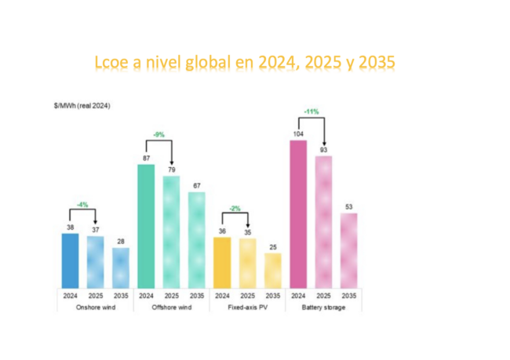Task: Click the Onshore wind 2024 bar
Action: click(70, 260)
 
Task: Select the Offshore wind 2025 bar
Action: click(171, 231)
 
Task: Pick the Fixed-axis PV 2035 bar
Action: click(272, 270)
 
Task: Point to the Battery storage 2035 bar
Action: click(349, 250)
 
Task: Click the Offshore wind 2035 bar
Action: click(196, 239)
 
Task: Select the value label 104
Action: click(298, 134)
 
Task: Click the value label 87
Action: click(146, 158)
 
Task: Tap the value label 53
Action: click(349, 207)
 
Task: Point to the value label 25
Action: click(272, 247)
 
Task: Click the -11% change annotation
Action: click(311, 111)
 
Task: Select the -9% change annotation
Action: click(158, 135)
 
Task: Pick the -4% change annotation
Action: click(82, 205)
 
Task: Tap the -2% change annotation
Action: click(235, 208)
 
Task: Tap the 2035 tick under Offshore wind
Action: click(196, 296)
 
